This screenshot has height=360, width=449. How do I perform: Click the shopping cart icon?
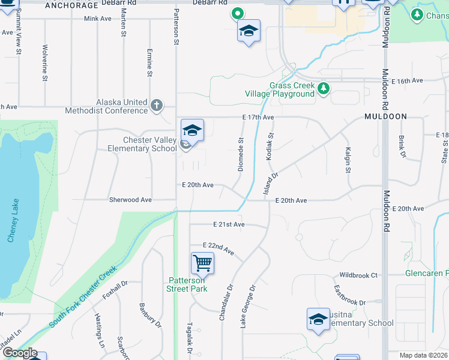click(x=202, y=263)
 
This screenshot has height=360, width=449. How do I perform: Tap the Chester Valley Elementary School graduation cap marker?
click(x=192, y=130)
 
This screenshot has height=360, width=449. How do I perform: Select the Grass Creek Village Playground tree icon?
click(x=324, y=89)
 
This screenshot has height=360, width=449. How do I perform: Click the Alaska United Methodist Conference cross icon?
click(x=156, y=106)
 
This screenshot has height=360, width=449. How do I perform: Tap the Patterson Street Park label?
click(x=187, y=284)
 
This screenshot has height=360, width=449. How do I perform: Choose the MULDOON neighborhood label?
click(x=385, y=116)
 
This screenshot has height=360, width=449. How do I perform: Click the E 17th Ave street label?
click(x=258, y=117)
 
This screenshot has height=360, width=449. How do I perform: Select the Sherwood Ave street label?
click(x=130, y=200)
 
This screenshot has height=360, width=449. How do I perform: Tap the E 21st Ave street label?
click(x=229, y=224)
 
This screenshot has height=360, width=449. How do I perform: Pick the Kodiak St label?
click(x=270, y=146)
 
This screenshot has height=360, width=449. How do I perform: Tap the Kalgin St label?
click(x=348, y=161)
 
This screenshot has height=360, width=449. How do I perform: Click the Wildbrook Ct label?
click(x=358, y=275)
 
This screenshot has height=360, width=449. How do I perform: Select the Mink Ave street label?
click(x=98, y=19)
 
